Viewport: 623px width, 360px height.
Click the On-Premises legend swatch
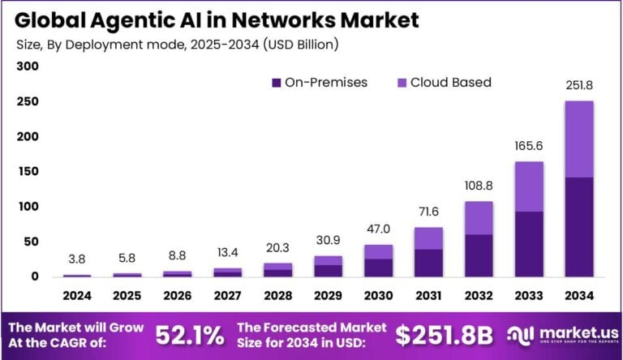coord(276,83)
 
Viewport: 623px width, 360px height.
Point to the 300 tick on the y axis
coord(28,67)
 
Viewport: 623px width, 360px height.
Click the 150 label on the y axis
coord(28,172)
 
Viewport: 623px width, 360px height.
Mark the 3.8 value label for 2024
coord(78,260)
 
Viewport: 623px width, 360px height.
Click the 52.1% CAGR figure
coord(188,335)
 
